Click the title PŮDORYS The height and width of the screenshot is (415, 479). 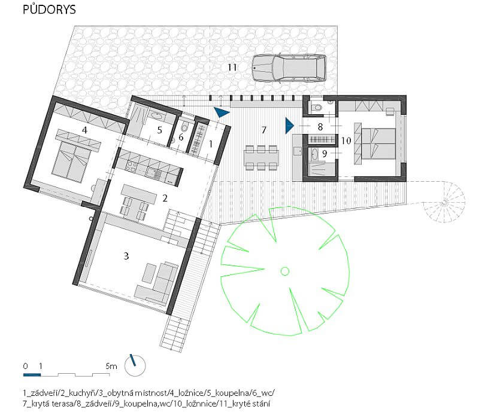[49, 10]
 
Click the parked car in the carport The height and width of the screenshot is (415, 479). [289, 68]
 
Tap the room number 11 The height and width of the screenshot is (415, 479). [232, 67]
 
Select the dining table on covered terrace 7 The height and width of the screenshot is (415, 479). [261, 158]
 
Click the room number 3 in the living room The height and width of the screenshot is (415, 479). [126, 256]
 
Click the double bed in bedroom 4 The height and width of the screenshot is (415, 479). [72, 158]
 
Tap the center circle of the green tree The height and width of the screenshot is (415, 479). [285, 271]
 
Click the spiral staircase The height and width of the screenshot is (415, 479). [444, 202]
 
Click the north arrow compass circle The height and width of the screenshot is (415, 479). [135, 365]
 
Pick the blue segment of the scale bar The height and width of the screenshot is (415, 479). [32, 375]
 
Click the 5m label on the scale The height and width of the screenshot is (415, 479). [111, 366]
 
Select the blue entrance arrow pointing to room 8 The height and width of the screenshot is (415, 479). [289, 126]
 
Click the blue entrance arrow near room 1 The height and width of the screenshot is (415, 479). [222, 112]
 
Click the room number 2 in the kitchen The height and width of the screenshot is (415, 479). [165, 199]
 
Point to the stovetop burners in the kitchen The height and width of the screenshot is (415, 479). [132, 167]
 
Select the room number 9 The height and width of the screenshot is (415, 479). [325, 154]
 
